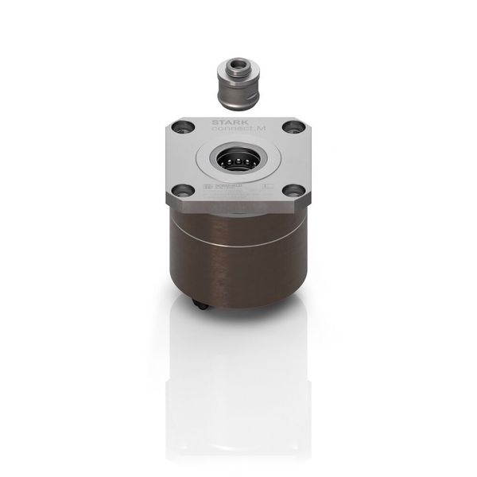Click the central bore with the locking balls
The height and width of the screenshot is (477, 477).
tap(238, 159)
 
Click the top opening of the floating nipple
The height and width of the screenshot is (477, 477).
tap(238, 63)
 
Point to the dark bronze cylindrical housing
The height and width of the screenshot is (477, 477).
tap(238, 262)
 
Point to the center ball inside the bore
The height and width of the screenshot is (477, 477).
tap(238, 159)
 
